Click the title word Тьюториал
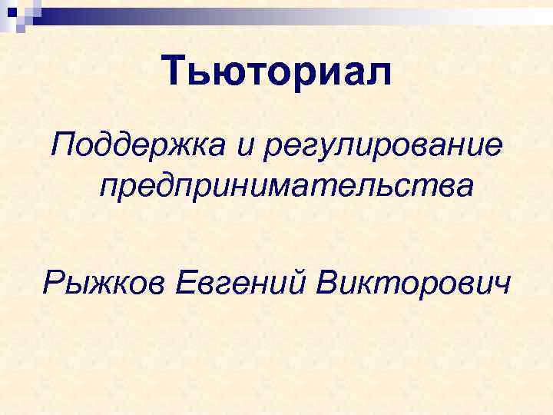pyautogui.click(x=277, y=72)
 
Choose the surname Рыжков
pyautogui.click(x=105, y=286)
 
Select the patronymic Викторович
pyautogui.click(x=412, y=284)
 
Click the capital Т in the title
pyautogui.click(x=177, y=71)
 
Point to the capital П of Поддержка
pyautogui.click(x=65, y=141)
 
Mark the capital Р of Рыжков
pyautogui.click(x=53, y=284)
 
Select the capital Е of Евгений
pyautogui.click(x=187, y=284)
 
